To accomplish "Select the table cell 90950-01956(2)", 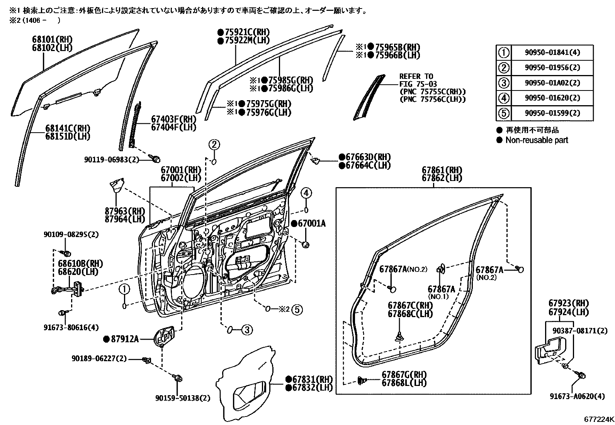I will tap(552, 68).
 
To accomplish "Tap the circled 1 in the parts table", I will tap(503, 53).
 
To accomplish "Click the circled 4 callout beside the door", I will tap(306, 193).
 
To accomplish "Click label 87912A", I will tap(124, 339).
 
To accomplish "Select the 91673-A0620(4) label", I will tap(577, 396).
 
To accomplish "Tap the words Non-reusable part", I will tap(537, 140).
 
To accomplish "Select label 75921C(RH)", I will tap(246, 32).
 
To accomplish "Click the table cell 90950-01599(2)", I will tap(552, 113).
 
